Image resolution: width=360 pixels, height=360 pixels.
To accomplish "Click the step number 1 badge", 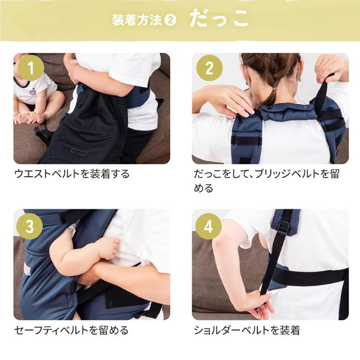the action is (31, 68).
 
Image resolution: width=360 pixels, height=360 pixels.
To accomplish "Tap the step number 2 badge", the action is (209, 68).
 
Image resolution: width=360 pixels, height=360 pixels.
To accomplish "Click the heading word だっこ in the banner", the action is (219, 19).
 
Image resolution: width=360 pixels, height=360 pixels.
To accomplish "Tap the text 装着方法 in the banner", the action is (137, 21).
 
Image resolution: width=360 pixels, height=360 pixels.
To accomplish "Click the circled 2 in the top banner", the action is (170, 21).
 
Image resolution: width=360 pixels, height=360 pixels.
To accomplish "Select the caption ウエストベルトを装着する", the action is (72, 174).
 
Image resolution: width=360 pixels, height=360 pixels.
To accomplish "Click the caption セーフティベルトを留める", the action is (72, 330).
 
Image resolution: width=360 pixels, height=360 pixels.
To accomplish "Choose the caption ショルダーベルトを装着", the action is (247, 330).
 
